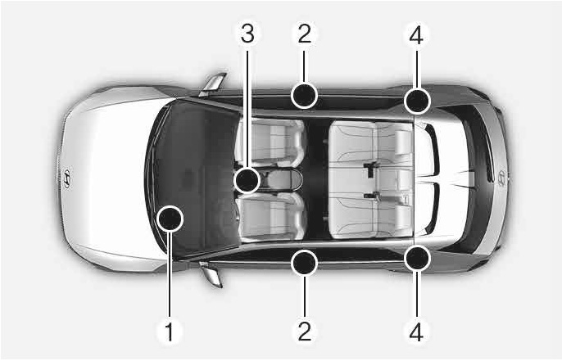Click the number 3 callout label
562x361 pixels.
[x=247, y=34]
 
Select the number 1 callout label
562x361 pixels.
[x=169, y=332]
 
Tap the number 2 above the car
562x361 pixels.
[x=304, y=34]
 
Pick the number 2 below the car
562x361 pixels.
[x=304, y=332]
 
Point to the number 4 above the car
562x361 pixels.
[x=416, y=34]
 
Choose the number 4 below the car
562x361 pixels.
[x=416, y=332]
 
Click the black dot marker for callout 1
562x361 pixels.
[x=170, y=219]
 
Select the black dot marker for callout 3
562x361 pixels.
[x=247, y=180]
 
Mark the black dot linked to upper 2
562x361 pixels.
[x=304, y=96]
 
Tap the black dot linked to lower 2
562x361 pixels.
[x=304, y=264]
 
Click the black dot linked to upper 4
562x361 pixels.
[x=417, y=101]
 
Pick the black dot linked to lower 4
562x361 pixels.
[x=417, y=258]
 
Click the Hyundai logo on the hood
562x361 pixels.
[x=67, y=178]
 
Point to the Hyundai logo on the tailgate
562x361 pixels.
[x=501, y=178]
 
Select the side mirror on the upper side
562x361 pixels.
[x=213, y=84]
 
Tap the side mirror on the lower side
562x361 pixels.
[x=211, y=274]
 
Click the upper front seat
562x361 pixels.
[x=270, y=143]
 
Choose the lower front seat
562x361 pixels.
[x=270, y=215]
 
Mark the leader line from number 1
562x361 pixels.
[x=169, y=275]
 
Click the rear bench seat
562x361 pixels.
[x=370, y=180]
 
